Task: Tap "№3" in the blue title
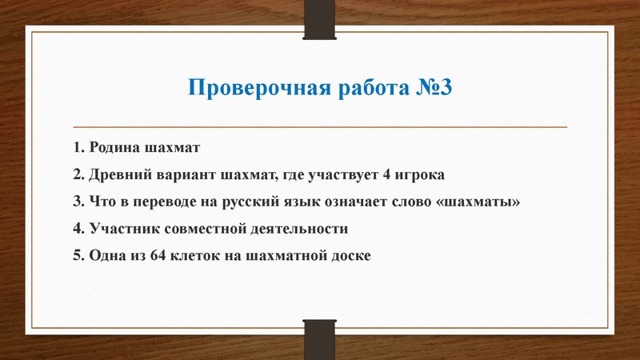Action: pos(435,87)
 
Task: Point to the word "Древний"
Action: pos(120,174)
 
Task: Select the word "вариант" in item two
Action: pos(187,174)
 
